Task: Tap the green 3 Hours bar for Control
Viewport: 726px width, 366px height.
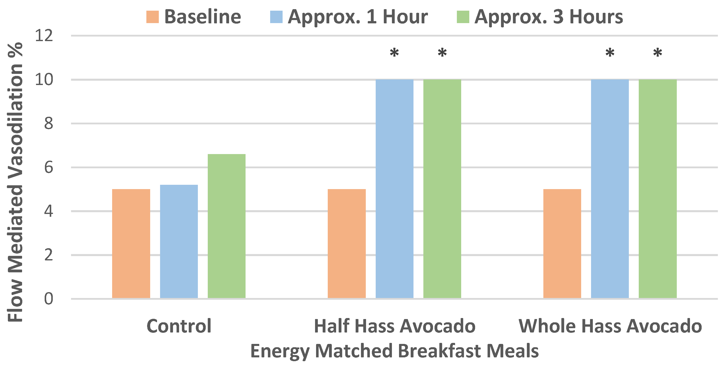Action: [x=227, y=226]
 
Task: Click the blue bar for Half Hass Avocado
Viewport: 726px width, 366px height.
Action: [x=394, y=189]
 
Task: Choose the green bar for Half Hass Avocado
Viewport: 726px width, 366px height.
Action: [x=442, y=189]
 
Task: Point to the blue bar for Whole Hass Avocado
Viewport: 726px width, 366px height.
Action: [x=610, y=189]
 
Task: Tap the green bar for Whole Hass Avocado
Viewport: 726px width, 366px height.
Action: [x=658, y=189]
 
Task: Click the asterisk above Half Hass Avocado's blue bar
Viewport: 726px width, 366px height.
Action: [x=394, y=53]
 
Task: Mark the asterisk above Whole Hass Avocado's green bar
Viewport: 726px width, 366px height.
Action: [x=658, y=53]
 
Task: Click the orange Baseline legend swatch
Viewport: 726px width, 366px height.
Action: [x=152, y=17]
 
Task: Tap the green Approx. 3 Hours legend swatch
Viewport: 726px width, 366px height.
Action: [x=463, y=17]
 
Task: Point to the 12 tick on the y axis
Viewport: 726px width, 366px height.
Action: [x=44, y=36]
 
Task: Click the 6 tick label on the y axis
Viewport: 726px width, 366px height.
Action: [x=48, y=168]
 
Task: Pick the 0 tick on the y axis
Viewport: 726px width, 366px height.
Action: [x=48, y=298]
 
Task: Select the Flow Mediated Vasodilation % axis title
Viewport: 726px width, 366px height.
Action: [x=15, y=182]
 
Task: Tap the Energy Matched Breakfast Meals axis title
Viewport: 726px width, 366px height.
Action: [x=394, y=351]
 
